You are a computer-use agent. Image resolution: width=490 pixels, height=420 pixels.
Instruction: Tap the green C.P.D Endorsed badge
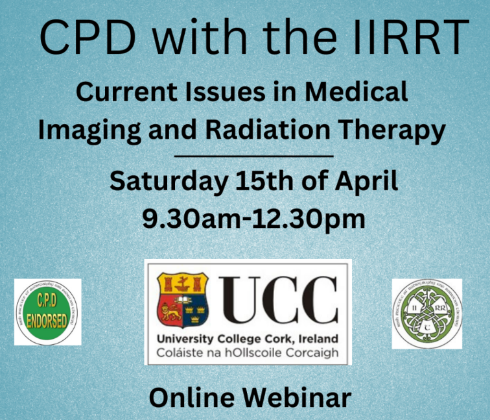click(47, 312)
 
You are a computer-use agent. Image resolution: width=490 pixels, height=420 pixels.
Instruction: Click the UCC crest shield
click(182, 299)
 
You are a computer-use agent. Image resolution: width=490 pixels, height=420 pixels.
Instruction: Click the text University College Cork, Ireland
click(247, 340)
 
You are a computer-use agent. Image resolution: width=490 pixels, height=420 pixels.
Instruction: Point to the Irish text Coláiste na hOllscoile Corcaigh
click(247, 354)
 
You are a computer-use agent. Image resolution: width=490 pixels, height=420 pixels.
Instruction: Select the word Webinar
click(299, 397)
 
